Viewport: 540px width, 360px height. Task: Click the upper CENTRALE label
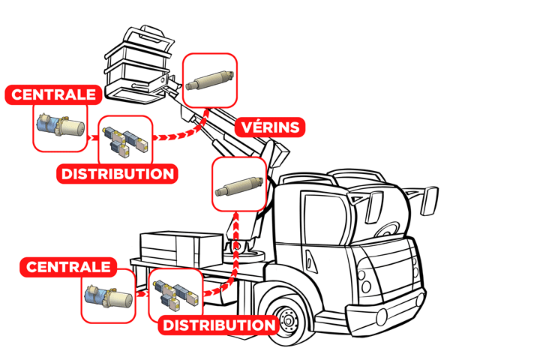(x=53, y=95)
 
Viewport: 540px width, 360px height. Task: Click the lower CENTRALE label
(x=69, y=266)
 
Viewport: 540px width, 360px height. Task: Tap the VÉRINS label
(x=271, y=126)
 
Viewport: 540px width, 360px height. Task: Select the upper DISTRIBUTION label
(x=118, y=174)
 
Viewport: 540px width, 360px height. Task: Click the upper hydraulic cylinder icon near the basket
(x=211, y=80)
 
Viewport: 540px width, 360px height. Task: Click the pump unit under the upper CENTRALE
(x=59, y=127)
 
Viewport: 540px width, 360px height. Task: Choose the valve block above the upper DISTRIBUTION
(x=124, y=139)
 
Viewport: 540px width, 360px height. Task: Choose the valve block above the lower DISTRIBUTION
(x=176, y=295)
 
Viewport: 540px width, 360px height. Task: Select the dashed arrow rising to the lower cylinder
(x=236, y=247)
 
